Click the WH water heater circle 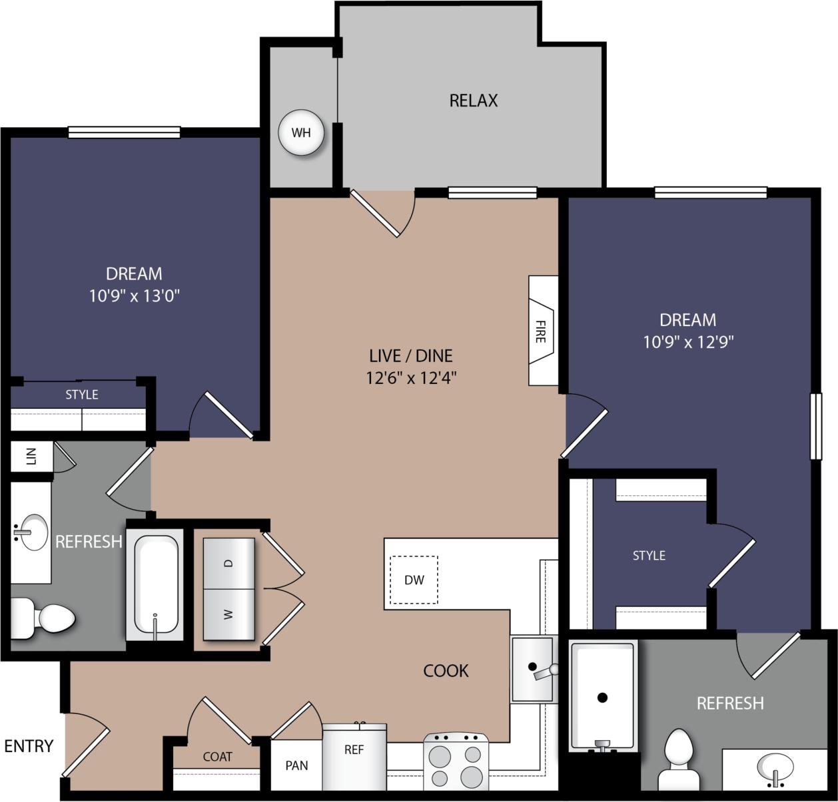click(x=301, y=132)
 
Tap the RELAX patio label click(x=474, y=100)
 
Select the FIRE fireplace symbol click(x=542, y=331)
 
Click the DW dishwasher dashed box click(x=414, y=580)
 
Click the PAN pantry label click(x=296, y=765)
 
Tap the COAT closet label click(x=217, y=757)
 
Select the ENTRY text click(x=29, y=746)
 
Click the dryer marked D click(x=228, y=563)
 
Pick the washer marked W click(x=228, y=614)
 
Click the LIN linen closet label click(x=31, y=456)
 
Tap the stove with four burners click(x=456, y=763)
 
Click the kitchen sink click(x=532, y=668)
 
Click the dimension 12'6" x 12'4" click(x=411, y=378)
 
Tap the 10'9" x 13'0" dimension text click(x=135, y=296)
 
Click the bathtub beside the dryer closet click(x=155, y=584)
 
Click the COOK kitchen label click(x=446, y=670)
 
